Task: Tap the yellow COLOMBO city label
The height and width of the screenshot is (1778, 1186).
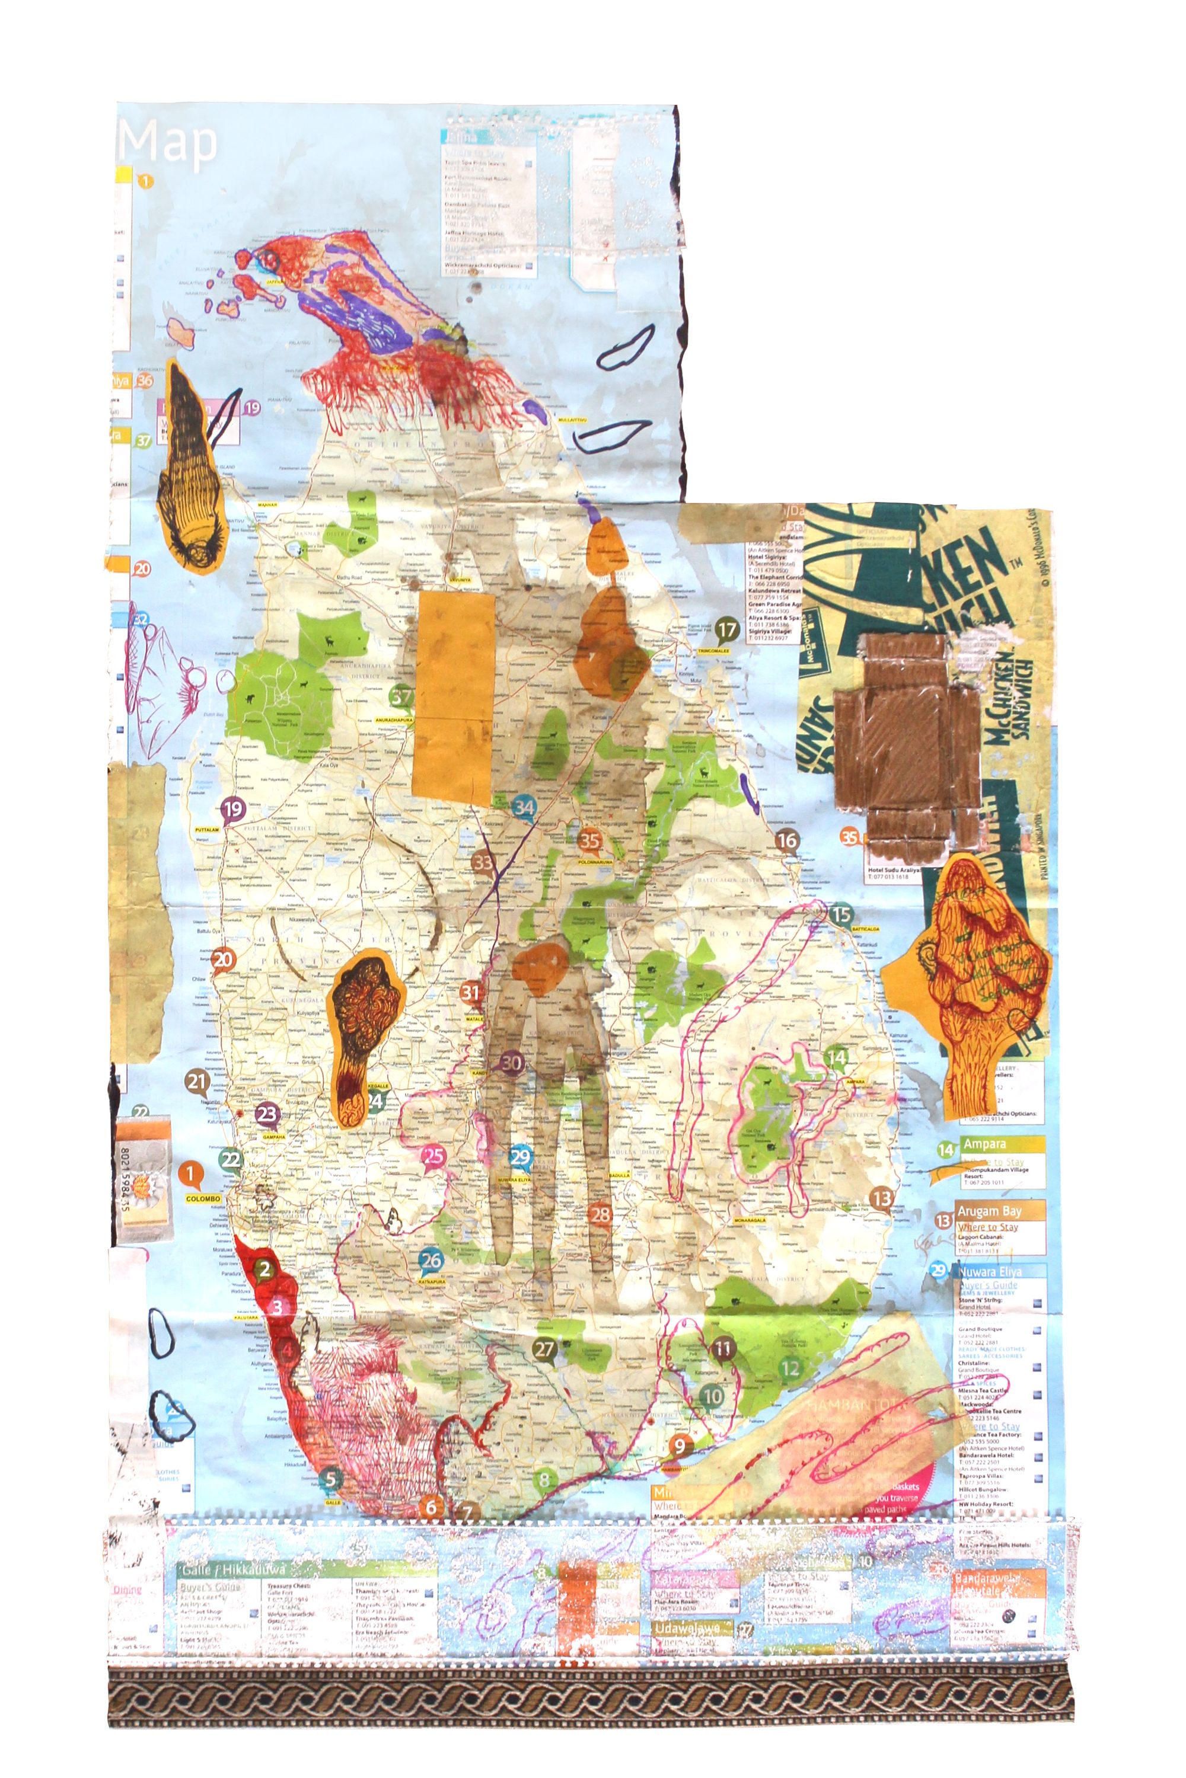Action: [203, 1199]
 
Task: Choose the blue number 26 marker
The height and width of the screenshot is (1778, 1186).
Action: [431, 1259]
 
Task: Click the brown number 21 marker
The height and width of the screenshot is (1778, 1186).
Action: [197, 1082]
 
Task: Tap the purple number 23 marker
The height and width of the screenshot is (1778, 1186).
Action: [267, 1114]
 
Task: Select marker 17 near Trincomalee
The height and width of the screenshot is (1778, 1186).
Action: [727, 629]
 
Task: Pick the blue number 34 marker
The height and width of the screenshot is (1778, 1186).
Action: [524, 807]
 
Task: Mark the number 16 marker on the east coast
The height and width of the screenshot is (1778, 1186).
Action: [787, 839]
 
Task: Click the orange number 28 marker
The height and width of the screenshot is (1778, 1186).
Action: [601, 1214]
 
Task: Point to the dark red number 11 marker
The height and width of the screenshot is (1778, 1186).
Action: [723, 1348]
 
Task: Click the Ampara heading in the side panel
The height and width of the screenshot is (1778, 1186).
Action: [985, 1144]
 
